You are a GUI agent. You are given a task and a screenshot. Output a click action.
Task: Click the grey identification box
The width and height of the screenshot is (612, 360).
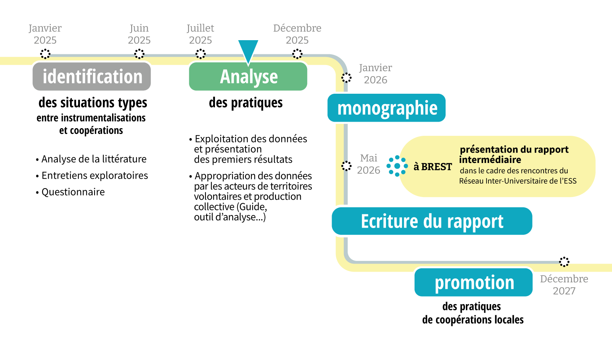[x=92, y=77]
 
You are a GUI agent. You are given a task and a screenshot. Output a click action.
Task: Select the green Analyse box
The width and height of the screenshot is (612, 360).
[x=248, y=77]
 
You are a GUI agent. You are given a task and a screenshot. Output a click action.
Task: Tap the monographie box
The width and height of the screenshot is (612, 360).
[x=387, y=108]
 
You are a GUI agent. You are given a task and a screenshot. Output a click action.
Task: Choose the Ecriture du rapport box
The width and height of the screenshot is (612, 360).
[x=432, y=221]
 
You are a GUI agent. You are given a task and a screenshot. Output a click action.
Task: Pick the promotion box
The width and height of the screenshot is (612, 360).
[x=474, y=282]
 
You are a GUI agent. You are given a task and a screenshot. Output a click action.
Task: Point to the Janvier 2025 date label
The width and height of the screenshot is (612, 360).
[x=45, y=34]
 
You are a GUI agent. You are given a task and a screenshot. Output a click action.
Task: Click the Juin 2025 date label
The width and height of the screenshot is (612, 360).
[x=139, y=34]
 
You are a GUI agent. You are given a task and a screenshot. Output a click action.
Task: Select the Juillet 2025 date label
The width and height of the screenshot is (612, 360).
[x=200, y=34]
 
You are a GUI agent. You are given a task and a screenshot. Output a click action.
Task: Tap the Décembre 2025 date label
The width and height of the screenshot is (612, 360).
[x=297, y=34]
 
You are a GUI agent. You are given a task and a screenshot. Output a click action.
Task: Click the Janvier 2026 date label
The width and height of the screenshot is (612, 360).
[x=375, y=74]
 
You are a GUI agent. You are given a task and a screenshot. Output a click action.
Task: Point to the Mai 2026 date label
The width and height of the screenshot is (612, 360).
[x=368, y=164]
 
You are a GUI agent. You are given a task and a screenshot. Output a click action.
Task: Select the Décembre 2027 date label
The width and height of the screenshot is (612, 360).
[x=564, y=285]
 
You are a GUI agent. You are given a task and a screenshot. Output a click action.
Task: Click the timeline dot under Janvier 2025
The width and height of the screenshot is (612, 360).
[x=45, y=54]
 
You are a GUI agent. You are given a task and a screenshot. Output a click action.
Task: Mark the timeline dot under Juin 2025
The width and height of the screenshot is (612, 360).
[x=139, y=54]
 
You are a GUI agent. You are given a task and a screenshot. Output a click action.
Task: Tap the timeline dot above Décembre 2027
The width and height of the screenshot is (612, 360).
[x=564, y=262]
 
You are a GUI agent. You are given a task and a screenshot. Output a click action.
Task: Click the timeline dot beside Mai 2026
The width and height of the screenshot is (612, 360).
[x=346, y=166]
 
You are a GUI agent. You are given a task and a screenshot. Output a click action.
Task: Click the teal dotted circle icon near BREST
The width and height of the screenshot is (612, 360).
[x=397, y=166]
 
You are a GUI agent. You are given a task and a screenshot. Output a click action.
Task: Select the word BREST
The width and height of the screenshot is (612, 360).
[x=436, y=167]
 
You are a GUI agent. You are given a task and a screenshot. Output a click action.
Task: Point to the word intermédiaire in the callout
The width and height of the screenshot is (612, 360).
[x=490, y=160]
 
